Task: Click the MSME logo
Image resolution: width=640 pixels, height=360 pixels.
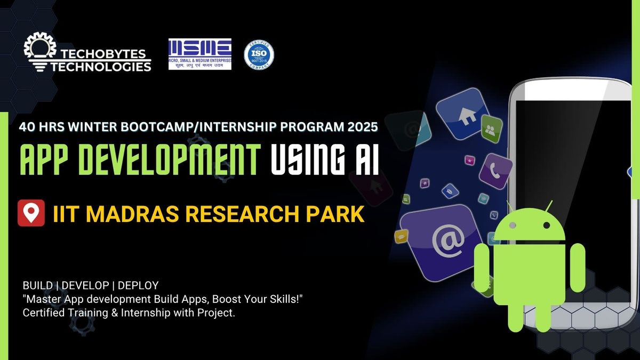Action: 200,54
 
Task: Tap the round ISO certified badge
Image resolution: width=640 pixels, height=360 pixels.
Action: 259,55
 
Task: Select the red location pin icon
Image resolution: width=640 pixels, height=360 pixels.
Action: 31,213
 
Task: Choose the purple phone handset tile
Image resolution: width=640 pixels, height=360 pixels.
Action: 495,172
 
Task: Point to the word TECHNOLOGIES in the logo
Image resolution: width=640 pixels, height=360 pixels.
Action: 101,67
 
